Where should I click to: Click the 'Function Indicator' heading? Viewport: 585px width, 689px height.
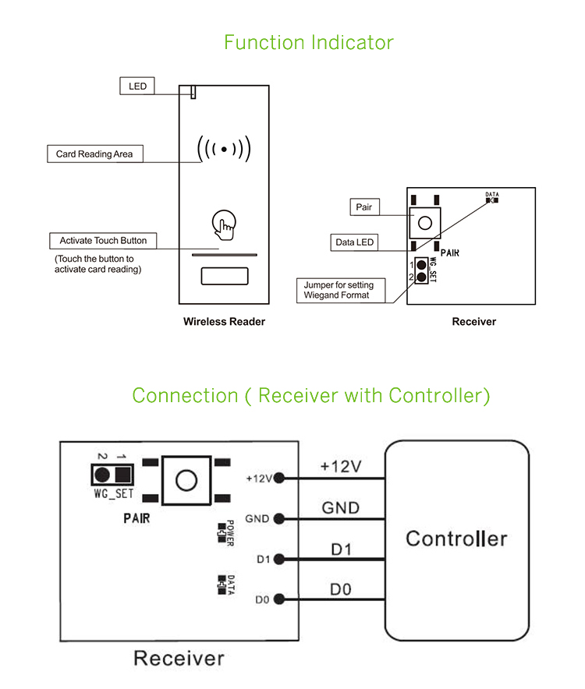pos(309,42)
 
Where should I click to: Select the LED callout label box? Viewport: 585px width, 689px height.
pos(137,86)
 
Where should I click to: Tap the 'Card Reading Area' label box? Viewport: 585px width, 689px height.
pos(94,154)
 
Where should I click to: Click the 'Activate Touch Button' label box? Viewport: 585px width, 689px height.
pos(103,241)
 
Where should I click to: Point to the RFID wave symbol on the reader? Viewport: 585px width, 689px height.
pos(224,148)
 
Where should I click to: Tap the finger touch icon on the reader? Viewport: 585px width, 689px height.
pos(223,224)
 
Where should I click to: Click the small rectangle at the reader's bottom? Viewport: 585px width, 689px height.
pos(225,277)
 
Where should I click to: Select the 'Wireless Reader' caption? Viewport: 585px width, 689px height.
pos(224,321)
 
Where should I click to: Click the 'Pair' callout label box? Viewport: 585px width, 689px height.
pos(363,207)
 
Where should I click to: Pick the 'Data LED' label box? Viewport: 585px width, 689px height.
pos(354,242)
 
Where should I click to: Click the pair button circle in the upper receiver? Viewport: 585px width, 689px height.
pos(425,223)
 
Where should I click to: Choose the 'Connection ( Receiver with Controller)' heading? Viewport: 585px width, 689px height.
pos(311,395)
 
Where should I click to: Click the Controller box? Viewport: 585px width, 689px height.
pos(456,538)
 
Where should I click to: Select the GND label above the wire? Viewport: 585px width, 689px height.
pos(341,508)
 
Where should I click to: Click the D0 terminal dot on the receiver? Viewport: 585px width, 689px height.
pos(279,600)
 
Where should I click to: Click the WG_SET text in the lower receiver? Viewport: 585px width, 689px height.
pos(113,493)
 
